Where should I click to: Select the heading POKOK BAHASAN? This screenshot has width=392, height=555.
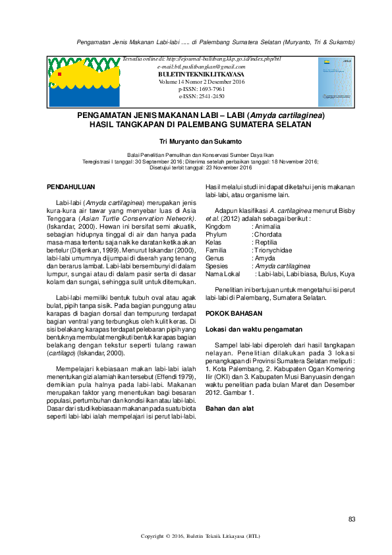point(234,313)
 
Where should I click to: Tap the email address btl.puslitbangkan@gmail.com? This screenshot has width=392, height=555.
point(202,67)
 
